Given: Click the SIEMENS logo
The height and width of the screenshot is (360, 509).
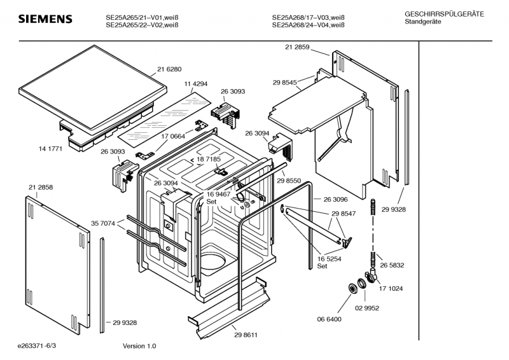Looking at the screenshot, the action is [45, 19].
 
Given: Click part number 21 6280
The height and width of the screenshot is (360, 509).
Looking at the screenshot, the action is [169, 69].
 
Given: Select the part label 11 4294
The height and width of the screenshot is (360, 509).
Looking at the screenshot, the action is [196, 84].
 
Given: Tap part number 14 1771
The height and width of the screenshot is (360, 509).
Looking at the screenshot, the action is [50, 149].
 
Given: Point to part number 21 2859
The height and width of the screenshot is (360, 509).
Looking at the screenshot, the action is [297, 47].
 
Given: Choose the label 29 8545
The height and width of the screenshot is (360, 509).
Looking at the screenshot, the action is [284, 83].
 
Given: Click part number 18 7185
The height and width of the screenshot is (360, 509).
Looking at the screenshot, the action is [209, 159].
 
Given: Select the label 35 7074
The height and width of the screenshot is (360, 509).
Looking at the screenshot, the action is [103, 223].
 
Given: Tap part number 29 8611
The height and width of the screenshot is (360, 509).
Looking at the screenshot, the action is [246, 335].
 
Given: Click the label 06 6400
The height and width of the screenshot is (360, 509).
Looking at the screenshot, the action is [329, 319].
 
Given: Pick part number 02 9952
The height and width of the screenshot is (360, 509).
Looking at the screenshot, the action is [367, 308].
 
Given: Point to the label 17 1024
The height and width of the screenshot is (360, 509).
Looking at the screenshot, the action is [391, 289].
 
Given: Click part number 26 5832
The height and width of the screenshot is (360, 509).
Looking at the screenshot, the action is [392, 265].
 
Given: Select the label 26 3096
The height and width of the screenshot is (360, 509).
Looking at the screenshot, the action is [336, 199].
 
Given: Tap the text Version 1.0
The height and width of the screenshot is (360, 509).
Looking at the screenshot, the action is [139, 346].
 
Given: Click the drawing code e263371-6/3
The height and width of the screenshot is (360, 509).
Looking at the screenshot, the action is [37, 346].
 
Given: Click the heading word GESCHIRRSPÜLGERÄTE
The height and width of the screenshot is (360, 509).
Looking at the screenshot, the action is [444, 14].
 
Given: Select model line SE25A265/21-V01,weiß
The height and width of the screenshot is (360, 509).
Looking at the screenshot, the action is [142, 18].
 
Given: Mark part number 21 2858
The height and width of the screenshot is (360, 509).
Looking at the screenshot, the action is [41, 187].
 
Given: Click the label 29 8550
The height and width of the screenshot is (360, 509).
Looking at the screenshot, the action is [289, 181].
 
